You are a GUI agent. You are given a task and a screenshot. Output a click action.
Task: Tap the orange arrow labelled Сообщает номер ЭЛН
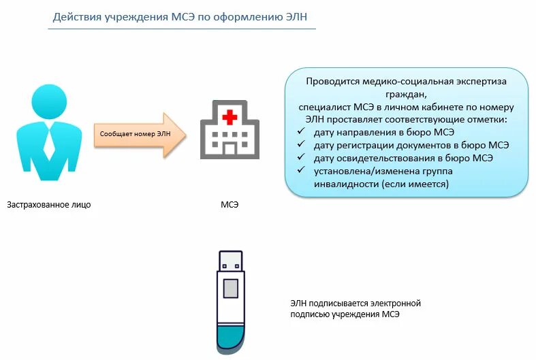[140, 134]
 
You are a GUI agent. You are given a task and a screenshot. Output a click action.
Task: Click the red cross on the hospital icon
[230, 117]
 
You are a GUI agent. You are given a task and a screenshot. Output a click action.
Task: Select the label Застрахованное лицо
[49, 204]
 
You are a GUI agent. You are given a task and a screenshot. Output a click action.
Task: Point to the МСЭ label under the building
[230, 204]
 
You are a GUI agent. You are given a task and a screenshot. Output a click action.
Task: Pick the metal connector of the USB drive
[231, 261]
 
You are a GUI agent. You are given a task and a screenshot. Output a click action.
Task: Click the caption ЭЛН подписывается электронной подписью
[356, 308]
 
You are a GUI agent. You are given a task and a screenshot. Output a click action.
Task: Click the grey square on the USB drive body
[231, 288]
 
